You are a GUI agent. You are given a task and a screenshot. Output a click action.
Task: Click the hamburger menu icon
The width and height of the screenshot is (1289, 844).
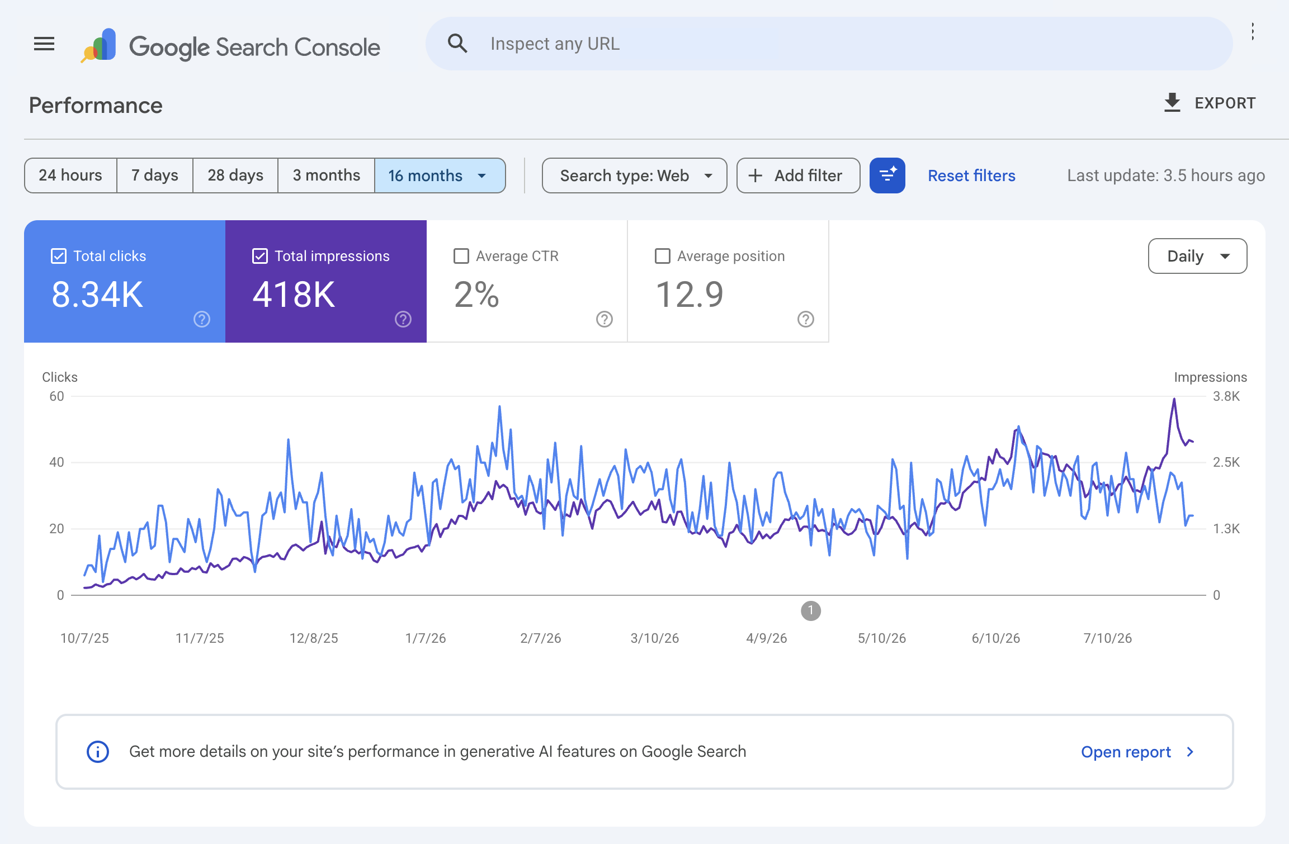(44, 44)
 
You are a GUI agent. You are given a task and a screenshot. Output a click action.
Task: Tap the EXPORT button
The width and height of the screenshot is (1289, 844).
(1210, 103)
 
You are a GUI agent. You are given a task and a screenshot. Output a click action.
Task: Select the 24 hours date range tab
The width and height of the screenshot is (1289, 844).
(70, 176)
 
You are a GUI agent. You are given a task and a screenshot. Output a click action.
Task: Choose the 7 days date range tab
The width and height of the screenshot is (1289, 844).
(155, 176)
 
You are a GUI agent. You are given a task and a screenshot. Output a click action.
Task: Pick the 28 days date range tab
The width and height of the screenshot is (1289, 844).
(235, 176)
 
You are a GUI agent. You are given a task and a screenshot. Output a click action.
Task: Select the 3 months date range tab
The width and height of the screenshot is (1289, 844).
(327, 176)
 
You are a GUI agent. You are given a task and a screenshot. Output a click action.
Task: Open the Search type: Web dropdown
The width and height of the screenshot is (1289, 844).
(635, 176)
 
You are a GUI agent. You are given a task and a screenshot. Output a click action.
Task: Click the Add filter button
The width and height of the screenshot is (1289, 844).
(798, 176)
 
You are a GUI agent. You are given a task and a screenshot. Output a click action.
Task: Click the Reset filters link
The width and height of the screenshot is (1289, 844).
(971, 176)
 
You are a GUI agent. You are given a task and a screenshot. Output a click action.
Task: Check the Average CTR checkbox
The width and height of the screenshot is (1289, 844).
(461, 256)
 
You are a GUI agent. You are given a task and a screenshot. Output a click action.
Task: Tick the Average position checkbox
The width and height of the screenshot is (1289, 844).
(663, 256)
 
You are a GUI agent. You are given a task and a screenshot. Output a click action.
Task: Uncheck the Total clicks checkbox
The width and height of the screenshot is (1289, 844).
(59, 256)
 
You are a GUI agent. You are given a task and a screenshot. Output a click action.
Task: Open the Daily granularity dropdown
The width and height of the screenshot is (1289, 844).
(1197, 256)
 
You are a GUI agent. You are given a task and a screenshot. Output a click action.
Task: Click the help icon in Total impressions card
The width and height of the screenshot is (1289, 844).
(403, 319)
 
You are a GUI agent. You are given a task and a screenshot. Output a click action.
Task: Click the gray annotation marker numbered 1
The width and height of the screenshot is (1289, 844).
(811, 611)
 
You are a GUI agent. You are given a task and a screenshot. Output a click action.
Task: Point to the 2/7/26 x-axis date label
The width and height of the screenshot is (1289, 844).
(541, 638)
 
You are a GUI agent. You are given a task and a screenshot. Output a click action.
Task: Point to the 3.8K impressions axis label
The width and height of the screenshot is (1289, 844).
(1226, 396)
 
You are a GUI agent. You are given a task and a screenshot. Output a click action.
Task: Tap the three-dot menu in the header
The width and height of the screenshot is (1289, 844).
(1253, 32)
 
